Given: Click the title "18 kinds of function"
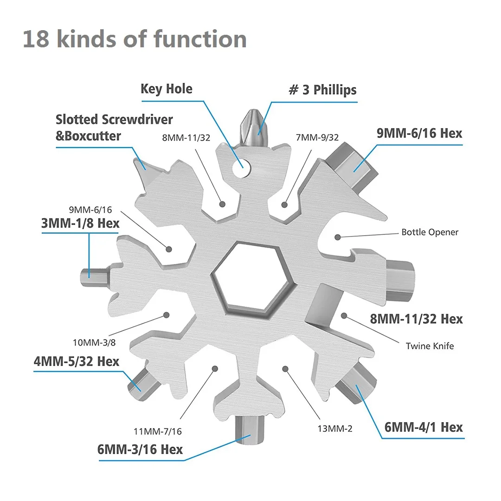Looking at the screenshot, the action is [x=135, y=39].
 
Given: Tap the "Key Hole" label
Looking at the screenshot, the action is [x=167, y=89].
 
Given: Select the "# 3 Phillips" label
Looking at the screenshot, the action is [x=323, y=90].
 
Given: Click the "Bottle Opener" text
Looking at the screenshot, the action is [x=430, y=232].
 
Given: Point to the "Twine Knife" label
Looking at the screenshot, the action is [x=430, y=346].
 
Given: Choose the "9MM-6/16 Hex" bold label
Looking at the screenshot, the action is [x=419, y=133].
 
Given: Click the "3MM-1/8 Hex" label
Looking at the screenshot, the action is [x=80, y=223].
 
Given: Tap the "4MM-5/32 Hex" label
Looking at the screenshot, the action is [x=76, y=361].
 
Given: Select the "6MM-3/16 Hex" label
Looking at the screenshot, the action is [x=140, y=449].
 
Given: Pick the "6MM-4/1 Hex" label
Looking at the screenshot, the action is [x=424, y=427].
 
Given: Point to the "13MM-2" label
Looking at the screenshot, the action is [x=334, y=429].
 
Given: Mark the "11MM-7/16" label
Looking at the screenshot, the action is [x=158, y=431].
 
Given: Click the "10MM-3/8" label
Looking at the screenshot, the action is [x=95, y=343].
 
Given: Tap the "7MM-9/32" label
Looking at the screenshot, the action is [x=317, y=137].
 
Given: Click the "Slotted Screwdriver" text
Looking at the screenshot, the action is [x=114, y=120].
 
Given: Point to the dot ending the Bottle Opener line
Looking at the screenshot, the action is [x=338, y=237].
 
